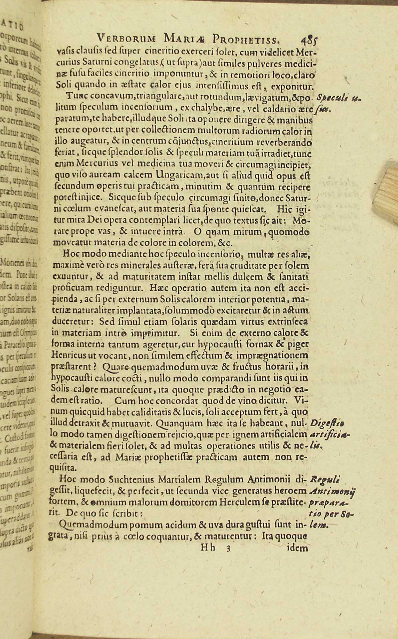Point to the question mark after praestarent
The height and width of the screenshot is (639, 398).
pos(94,367)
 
